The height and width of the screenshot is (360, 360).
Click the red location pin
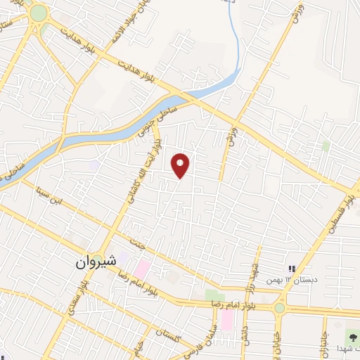[x=181, y=165]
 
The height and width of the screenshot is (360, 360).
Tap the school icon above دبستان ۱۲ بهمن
[x=292, y=269]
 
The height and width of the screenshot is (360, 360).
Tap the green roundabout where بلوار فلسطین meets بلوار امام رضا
[x=279, y=308]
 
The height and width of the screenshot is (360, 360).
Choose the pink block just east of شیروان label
[x=142, y=269]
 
